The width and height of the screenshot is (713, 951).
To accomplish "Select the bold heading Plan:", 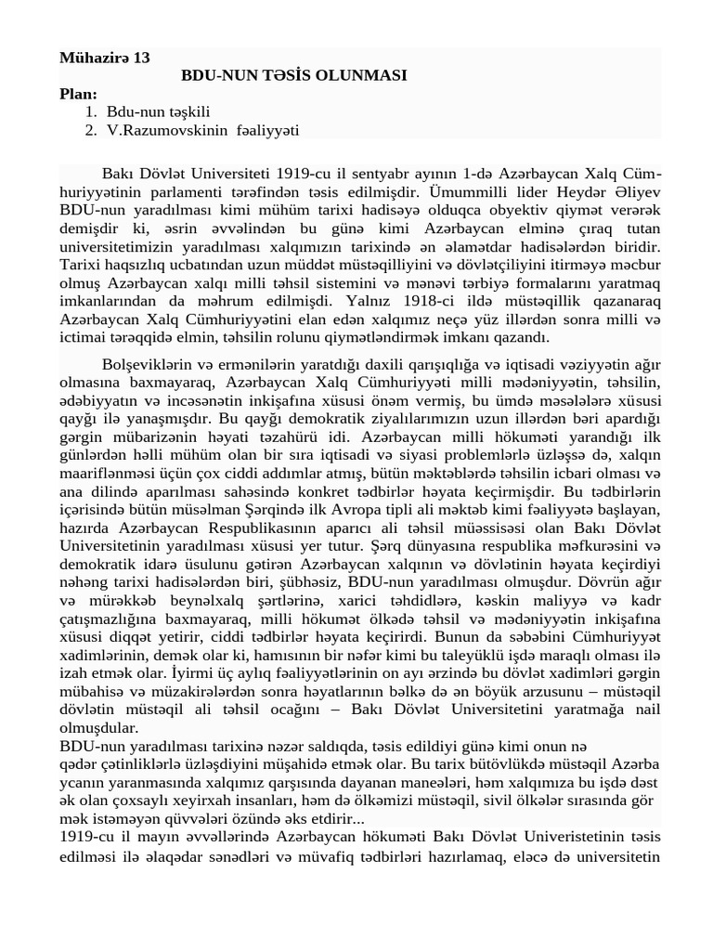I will pyautogui.click(x=78, y=94).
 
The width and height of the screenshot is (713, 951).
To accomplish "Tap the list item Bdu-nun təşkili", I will pyautogui.click(x=159, y=111).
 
